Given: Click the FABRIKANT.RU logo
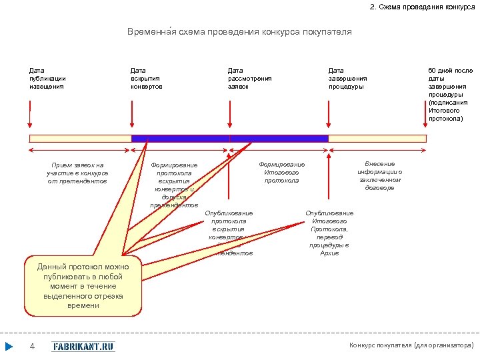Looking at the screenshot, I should tap(83, 346).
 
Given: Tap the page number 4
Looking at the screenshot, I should tap(32, 346).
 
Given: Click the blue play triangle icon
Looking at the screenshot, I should tap(9, 346).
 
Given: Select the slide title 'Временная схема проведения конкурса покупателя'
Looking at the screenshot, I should tap(239, 31).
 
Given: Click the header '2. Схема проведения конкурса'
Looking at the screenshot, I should tap(423, 7).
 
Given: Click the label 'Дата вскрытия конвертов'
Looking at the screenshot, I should tap(147, 78).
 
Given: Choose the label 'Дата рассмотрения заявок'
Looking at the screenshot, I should tap(249, 78).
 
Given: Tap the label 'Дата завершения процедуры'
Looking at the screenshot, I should tap(347, 78).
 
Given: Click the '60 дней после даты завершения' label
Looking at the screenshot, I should tap(450, 94).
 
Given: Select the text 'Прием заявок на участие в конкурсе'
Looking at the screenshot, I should tap(77, 173).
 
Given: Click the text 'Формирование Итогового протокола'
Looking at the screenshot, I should tap(281, 172).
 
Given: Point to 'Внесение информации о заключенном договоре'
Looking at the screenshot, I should tap(379, 175).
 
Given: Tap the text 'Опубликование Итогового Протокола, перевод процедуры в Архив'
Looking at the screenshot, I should tap(329, 233).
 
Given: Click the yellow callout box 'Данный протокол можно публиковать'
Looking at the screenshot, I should tap(83, 285).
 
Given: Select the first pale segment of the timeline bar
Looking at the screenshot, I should tap(80, 139).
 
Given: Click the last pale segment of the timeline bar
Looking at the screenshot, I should tap(377, 139).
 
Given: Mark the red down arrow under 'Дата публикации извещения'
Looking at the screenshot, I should tap(30, 117).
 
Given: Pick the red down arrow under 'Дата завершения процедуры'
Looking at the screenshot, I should tap(328, 117).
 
